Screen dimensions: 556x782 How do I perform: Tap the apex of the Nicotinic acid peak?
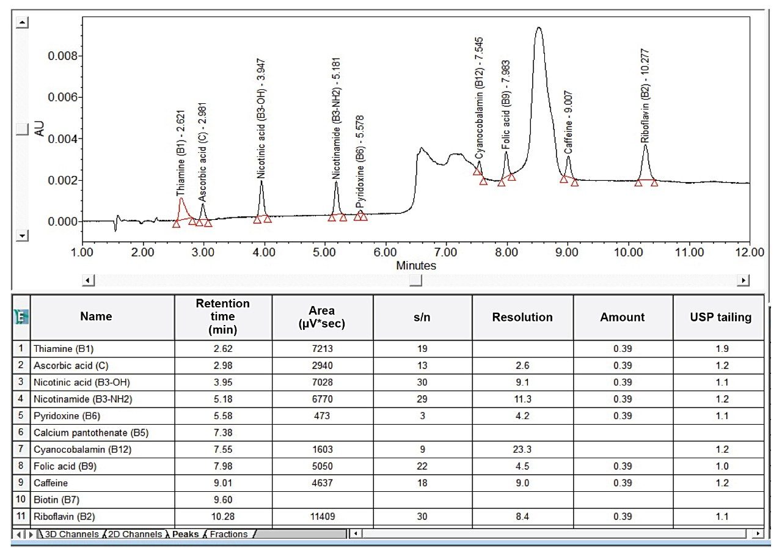tap(261, 181)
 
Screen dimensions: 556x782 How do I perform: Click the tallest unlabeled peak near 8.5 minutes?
tap(538, 28)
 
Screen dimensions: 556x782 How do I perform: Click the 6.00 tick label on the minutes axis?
tap(385, 252)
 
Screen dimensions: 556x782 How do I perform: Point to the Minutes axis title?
tap(416, 266)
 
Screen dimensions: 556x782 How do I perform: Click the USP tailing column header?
tap(718, 317)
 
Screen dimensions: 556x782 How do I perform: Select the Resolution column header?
tap(522, 317)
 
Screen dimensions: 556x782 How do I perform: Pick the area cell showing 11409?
tap(322, 516)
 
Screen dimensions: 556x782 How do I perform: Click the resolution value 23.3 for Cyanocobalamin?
tap(522, 449)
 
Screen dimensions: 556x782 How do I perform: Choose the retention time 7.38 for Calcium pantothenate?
tap(223, 433)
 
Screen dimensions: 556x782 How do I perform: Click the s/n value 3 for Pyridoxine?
tap(422, 416)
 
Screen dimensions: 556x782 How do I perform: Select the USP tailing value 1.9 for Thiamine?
tap(723, 349)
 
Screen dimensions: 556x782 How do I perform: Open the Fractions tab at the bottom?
tap(229, 535)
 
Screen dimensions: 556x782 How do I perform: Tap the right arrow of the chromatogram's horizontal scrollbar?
tap(744, 280)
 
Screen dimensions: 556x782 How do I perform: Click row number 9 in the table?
tap(21, 483)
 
